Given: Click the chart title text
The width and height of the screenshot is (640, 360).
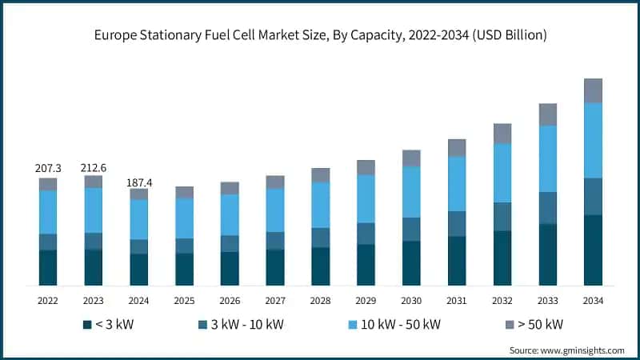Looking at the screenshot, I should coord(320,34).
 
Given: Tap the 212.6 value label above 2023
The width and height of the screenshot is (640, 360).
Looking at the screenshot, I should coord(94,167).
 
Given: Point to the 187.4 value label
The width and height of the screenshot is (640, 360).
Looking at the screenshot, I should coord(139,183).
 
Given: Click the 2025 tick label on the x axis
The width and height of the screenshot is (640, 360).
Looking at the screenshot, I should coord(184,300).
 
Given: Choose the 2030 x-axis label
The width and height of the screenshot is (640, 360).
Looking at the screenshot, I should coord(411,300).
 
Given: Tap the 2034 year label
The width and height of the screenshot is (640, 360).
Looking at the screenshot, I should coord(593,300).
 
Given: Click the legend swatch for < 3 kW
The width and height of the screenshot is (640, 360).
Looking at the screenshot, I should coord(86,324).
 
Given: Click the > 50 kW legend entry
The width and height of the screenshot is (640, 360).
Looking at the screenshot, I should coord(534,324).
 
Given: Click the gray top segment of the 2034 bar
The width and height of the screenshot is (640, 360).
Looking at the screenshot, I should coord(593,90).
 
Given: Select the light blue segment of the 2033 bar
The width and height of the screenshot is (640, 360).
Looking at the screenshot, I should coord(547,158).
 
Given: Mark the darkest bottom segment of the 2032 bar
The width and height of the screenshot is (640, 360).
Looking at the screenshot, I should coord(502,258).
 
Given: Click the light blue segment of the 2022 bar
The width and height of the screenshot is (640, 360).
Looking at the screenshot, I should coord(48,212).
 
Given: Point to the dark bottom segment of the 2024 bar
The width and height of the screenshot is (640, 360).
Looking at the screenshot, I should coord(139,270).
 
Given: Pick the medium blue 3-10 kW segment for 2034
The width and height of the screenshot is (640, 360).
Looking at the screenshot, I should coord(593,196).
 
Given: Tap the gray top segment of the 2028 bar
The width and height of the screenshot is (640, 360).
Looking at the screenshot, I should coord(321,175).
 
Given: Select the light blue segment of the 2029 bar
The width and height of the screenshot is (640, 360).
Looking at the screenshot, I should coord(366,198).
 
